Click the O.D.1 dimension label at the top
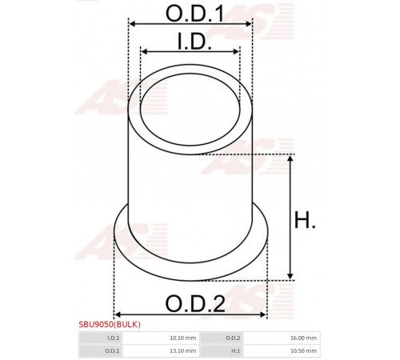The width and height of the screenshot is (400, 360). coord(194,14)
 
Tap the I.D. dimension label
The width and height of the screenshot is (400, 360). coord(194,42)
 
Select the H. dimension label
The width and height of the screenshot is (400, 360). coord(305,220)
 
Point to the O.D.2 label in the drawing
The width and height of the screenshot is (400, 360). coord(195,303)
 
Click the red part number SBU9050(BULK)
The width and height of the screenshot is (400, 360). coord(110,324)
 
